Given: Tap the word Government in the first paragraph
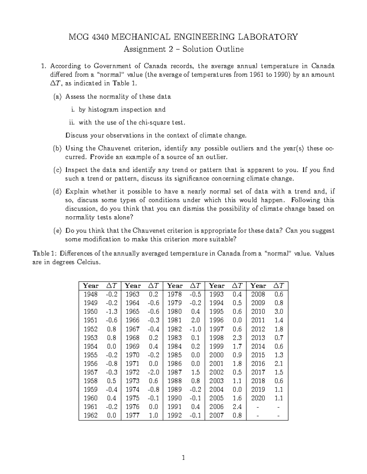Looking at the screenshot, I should click(112, 66).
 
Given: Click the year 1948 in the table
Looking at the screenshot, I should click(91, 294).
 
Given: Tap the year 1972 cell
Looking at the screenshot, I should click(132, 372).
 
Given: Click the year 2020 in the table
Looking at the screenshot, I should click(258, 398).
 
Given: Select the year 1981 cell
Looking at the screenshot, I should click(174, 320).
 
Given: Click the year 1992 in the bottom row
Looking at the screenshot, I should click(174, 415).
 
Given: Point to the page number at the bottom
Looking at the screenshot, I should click(183, 458).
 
